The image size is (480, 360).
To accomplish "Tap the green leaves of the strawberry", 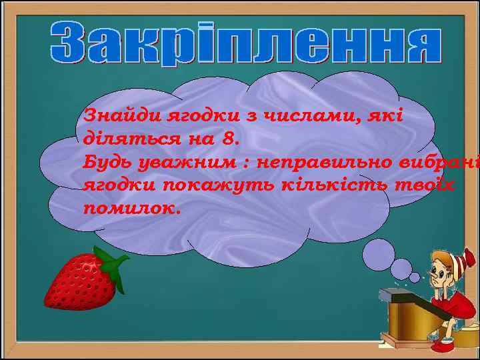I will (x=114, y=263).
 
